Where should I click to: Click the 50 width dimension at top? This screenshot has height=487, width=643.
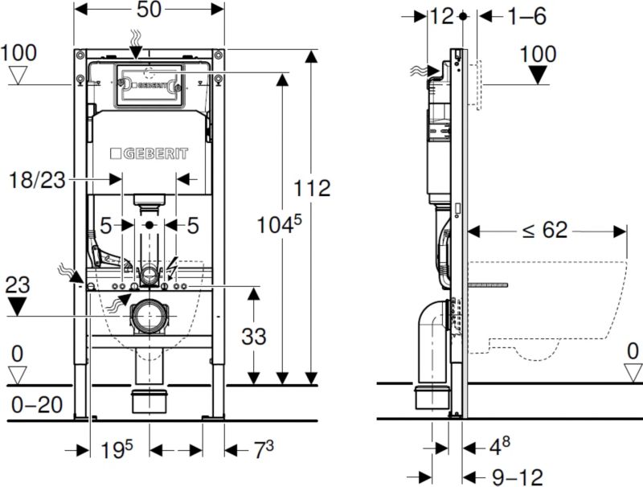pyautogui.click(x=149, y=10)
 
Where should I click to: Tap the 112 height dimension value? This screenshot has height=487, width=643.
pyautogui.click(x=312, y=188)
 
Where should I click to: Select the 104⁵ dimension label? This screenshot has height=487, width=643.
pyautogui.click(x=279, y=224)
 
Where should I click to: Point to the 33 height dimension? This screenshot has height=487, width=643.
pyautogui.click(x=254, y=336)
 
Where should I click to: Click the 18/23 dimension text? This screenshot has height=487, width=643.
pyautogui.click(x=37, y=180)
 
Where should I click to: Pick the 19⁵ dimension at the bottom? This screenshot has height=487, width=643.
pyautogui.click(x=117, y=450)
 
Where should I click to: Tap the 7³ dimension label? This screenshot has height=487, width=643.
pyautogui.click(x=264, y=450)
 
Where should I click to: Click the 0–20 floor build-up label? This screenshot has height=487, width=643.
pyautogui.click(x=37, y=405)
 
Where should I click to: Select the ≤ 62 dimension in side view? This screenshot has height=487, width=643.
pyautogui.click(x=545, y=230)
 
